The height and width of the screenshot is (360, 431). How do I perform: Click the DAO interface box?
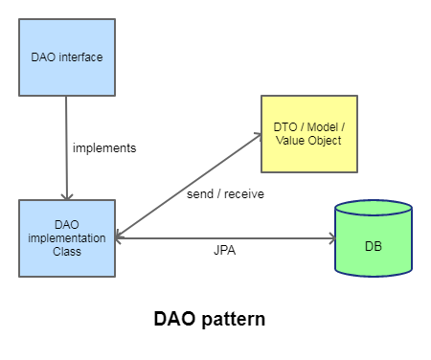(67, 57)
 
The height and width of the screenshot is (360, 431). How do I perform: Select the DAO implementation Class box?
(67, 238)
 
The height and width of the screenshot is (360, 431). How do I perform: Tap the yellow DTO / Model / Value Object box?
(309, 134)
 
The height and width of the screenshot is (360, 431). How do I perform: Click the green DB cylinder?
(374, 238)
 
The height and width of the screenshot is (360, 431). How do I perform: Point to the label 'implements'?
(104, 148)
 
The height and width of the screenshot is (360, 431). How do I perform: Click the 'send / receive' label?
(225, 193)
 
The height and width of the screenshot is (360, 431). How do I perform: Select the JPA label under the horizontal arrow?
(225, 250)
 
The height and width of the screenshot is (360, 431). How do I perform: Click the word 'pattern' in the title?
(234, 319)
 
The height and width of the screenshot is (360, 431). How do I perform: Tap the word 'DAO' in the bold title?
(174, 318)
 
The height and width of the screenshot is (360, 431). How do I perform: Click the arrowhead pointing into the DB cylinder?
(333, 238)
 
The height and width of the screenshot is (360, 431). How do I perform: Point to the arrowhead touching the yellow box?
(259, 135)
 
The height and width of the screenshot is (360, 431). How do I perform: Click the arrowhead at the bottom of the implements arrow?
(67, 197)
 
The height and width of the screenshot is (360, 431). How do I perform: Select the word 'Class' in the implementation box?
(67, 252)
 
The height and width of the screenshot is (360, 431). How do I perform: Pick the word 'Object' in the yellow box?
(326, 141)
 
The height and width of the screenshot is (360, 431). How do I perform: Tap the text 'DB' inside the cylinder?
(374, 246)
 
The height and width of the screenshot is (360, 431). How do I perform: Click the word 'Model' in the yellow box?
(322, 127)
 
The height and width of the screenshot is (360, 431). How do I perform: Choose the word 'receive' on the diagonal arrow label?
(244, 193)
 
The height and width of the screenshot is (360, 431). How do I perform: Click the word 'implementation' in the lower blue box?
(67, 238)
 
